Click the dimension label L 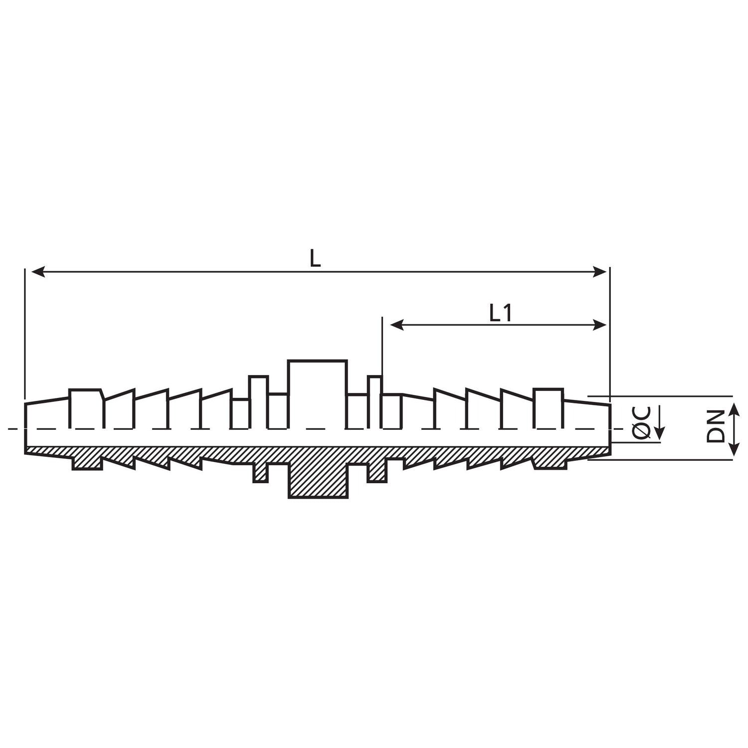coord(315,259)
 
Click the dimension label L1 coord(500,313)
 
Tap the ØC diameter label coord(643,422)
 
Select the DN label coord(716,426)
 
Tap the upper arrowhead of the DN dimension coord(735,409)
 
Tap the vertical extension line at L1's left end coord(381,344)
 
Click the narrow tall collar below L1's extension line coord(375,401)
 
